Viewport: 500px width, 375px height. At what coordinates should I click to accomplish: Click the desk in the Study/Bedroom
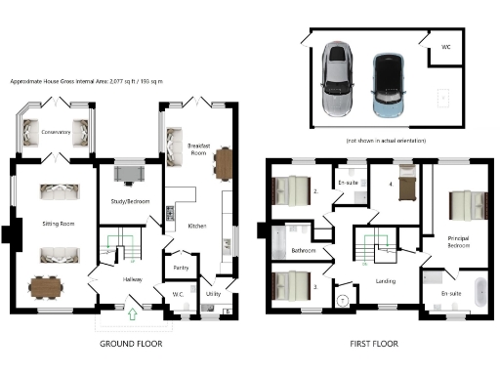tap(129, 175)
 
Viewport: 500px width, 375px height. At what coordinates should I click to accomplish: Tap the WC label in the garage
tap(445, 46)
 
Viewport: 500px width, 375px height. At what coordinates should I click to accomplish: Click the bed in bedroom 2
tap(292, 185)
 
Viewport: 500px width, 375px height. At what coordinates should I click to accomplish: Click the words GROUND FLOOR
tap(130, 344)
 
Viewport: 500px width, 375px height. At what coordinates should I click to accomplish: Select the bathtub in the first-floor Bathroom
tap(276, 237)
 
